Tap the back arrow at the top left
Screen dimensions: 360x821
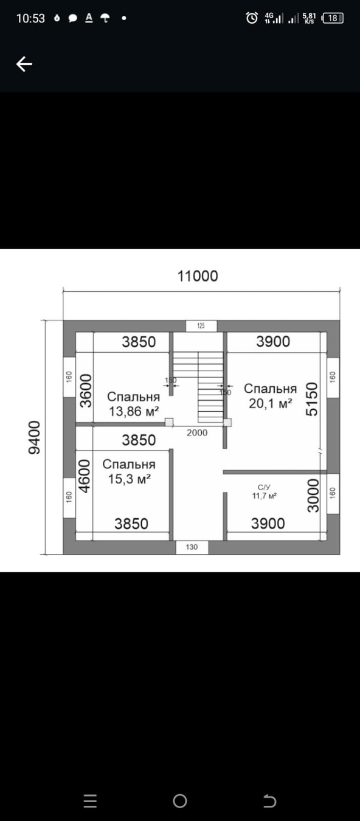24,64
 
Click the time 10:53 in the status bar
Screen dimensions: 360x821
30,18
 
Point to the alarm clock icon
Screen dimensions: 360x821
252,18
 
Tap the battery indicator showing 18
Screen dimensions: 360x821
333,18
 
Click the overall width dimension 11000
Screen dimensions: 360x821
198,276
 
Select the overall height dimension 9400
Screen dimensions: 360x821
34,437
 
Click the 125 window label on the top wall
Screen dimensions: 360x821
201,325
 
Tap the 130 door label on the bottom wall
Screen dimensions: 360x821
192,547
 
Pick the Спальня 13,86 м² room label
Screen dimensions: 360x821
134,404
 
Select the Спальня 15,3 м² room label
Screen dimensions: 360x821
129,471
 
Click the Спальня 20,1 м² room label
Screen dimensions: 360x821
271,396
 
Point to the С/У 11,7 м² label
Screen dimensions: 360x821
264,492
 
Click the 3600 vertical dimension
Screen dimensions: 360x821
86,390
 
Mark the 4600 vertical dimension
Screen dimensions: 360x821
85,476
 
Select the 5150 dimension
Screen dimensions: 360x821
311,399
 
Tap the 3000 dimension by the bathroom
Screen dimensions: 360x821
313,495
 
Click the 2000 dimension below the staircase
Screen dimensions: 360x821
197,433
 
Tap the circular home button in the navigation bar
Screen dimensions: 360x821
179,801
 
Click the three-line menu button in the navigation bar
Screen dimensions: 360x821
90,801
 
